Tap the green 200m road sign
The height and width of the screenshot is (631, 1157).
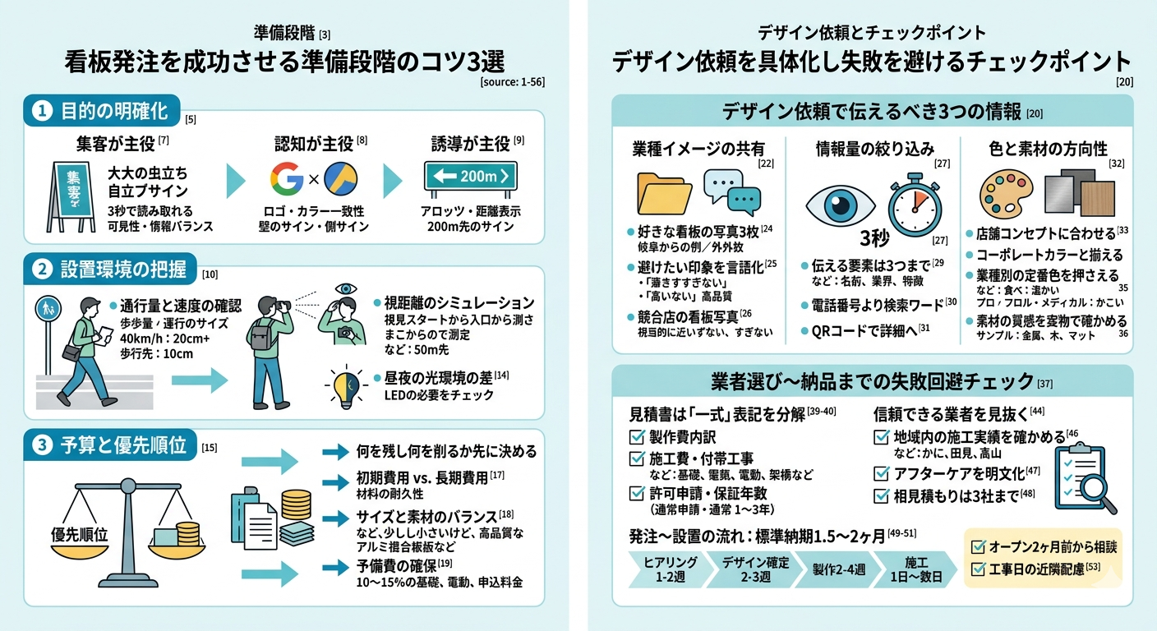point(470,175)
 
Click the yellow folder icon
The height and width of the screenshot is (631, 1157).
point(665,193)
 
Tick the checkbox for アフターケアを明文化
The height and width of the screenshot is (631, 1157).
point(881,473)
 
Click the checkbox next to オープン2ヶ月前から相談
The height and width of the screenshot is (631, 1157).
point(978,546)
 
